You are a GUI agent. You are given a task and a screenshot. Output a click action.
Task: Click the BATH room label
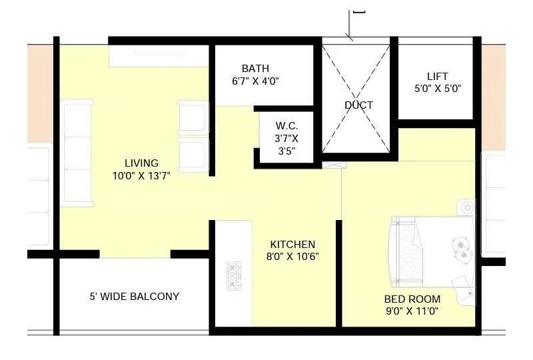(x=255, y=69)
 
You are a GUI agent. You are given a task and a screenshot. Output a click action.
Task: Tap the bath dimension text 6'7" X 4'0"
(x=255, y=81)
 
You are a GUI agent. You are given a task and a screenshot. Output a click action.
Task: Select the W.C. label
(x=287, y=126)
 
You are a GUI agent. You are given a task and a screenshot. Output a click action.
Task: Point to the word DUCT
(x=358, y=105)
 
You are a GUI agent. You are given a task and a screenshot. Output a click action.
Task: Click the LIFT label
(x=438, y=76)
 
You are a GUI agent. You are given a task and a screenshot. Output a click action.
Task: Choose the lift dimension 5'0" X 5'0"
(x=438, y=88)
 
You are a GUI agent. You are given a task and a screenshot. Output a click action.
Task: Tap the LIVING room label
(x=141, y=163)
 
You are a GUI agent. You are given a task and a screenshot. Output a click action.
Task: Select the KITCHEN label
(x=292, y=245)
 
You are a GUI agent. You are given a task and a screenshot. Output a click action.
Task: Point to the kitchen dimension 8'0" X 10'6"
(x=292, y=257)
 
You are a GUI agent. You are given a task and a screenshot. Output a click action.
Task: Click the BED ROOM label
(x=411, y=299)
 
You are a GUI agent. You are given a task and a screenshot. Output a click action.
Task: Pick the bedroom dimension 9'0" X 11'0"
(x=411, y=311)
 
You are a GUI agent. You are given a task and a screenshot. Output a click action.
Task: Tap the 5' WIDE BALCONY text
(x=135, y=296)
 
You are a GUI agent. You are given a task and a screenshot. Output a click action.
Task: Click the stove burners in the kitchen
(x=235, y=275)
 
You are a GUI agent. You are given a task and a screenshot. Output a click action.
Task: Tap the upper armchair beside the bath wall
(x=193, y=117)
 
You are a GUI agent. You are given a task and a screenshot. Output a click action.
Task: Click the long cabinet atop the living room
(x=159, y=56)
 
